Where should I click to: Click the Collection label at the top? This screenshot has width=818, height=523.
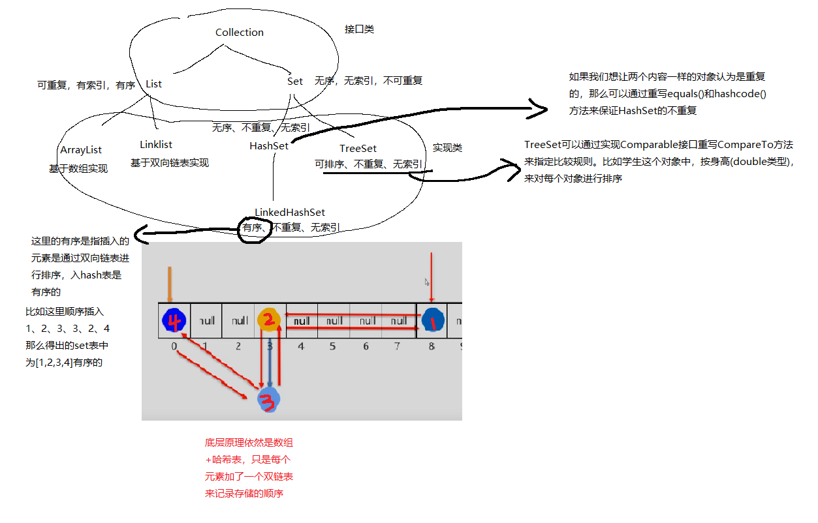coord(240,33)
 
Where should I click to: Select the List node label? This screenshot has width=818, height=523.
coord(153,84)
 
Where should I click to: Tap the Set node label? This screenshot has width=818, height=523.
coord(295,82)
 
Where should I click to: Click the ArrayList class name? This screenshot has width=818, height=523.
coord(81,150)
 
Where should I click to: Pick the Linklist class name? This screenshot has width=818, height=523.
coord(156,145)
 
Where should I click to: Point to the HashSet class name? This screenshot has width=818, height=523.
coord(269,146)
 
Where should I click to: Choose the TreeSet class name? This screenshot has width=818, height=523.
coord(358,149)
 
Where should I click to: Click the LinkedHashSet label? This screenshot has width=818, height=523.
coord(290,213)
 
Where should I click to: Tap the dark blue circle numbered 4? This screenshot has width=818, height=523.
coord(174,320)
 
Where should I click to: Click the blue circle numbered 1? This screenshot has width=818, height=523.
coord(432,320)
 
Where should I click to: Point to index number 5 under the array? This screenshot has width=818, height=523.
coord(332,347)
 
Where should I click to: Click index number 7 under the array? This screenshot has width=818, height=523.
coord(397,347)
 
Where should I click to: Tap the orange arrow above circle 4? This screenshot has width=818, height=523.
coord(170,283)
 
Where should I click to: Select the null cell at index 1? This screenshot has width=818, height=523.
coord(207,321)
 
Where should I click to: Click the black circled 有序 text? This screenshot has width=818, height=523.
coord(252,228)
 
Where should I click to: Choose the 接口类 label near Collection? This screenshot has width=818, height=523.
coord(359,29)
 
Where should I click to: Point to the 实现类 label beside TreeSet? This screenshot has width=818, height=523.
coord(447,148)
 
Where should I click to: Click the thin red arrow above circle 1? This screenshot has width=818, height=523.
coord(432,277)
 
